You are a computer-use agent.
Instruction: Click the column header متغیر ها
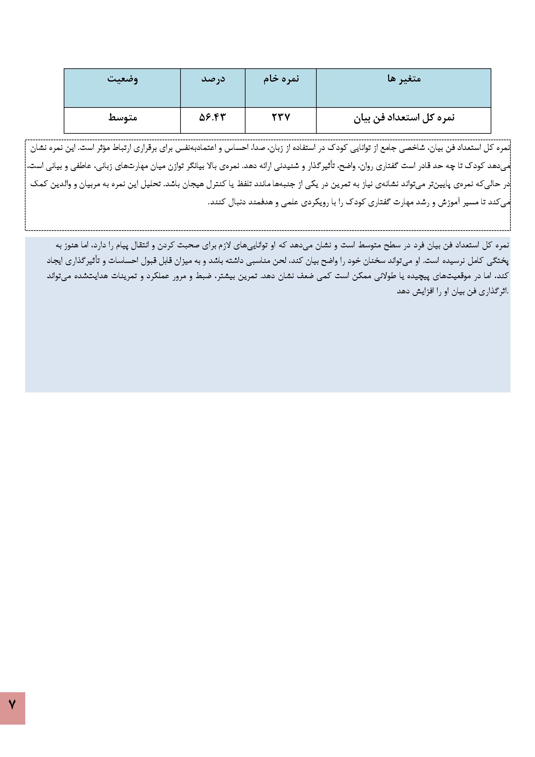[404, 79]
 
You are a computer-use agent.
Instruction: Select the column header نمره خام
[281, 79]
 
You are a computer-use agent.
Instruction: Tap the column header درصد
[213, 79]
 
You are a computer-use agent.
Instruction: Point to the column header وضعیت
[122, 79]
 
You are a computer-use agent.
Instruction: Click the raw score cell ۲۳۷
[281, 118]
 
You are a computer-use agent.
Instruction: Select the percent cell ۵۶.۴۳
[213, 118]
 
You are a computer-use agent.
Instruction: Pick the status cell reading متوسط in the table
[123, 118]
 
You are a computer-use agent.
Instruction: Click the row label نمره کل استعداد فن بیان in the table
[404, 118]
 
